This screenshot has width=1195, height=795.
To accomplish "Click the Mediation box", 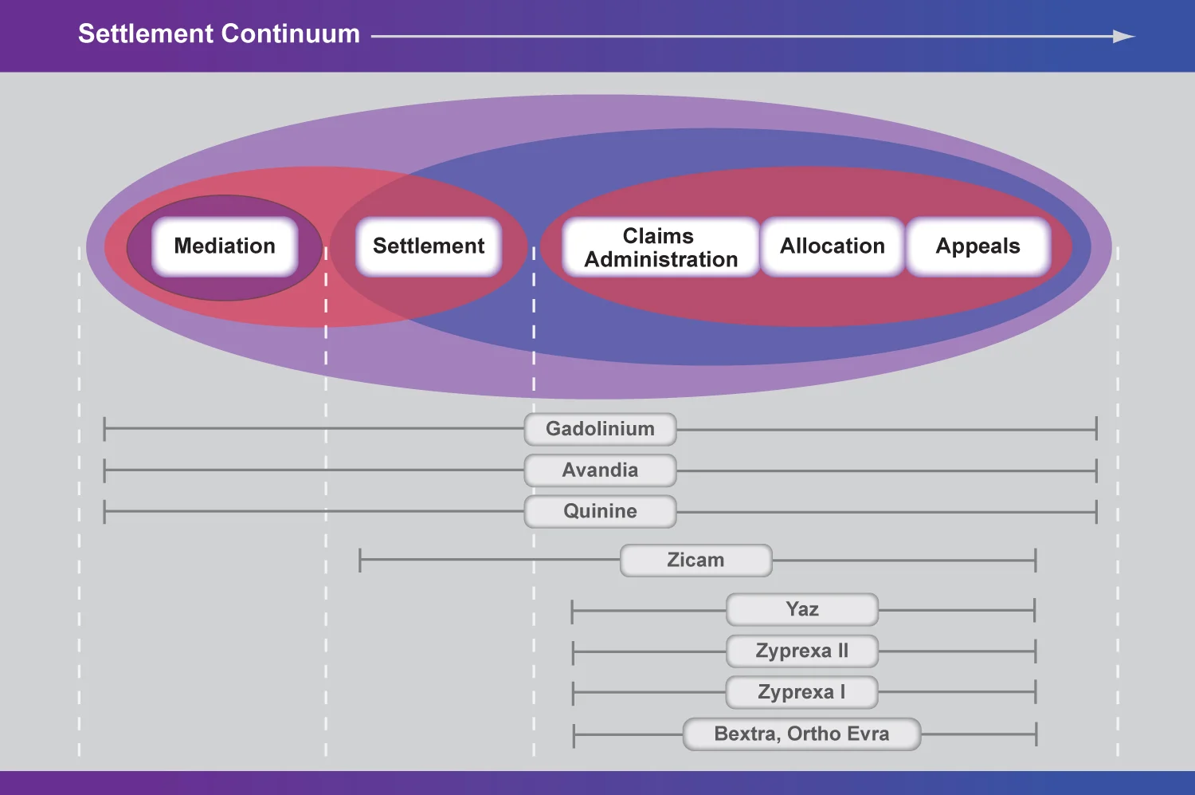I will (x=225, y=246).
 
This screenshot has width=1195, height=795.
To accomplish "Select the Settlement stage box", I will (x=429, y=246).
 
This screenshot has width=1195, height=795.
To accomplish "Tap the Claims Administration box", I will (x=660, y=247).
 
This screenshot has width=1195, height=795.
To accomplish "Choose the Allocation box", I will (x=833, y=246).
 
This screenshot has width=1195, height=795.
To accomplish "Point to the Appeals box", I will (x=978, y=246).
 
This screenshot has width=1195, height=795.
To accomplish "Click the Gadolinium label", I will (x=600, y=429).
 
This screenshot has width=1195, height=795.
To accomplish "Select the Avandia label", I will (x=600, y=470).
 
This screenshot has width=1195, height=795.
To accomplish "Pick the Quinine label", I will (x=600, y=511).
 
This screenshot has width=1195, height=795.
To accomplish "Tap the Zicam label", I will (x=695, y=561).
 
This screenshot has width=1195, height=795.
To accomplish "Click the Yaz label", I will (x=802, y=610).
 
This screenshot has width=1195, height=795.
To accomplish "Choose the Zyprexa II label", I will (x=802, y=651).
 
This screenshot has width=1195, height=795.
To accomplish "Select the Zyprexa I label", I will (x=802, y=692).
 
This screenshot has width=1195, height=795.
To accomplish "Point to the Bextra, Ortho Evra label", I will (x=801, y=734).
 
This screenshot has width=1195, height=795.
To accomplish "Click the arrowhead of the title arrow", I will (x=1124, y=36).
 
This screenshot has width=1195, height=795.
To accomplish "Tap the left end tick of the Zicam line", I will (x=360, y=560).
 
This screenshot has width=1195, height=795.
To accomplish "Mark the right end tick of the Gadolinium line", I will (x=1096, y=429).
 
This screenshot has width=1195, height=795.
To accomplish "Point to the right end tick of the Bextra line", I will (x=1036, y=734).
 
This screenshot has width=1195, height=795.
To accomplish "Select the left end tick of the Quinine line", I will (x=104, y=511).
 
